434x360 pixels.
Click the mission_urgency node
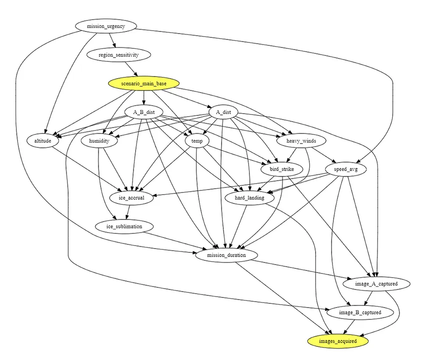105,26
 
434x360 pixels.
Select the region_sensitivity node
112,54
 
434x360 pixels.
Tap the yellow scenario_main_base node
143,83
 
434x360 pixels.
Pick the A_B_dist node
144,112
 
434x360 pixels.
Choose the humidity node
99,141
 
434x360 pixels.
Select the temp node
196,141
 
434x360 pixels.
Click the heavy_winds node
301,141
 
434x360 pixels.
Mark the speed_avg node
343,169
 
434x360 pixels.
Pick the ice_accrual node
131,198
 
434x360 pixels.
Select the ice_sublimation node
124,226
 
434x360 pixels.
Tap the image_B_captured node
360,312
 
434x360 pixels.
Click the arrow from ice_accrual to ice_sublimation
128,212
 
